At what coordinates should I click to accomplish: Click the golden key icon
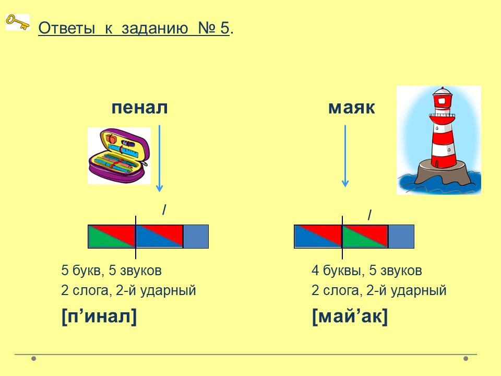(x=18, y=22)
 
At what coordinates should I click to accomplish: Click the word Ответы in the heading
(x=67, y=28)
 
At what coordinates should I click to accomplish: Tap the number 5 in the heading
(x=225, y=28)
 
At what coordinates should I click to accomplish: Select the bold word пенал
(x=140, y=108)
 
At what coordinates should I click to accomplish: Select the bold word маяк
(x=351, y=108)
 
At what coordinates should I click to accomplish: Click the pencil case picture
(x=119, y=156)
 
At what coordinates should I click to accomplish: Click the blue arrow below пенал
(x=160, y=159)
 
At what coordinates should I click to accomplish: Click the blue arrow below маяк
(x=345, y=156)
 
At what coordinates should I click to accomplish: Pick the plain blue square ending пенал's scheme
(x=196, y=236)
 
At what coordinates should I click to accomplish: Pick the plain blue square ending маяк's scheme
(x=401, y=236)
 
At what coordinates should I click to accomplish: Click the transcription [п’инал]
(x=99, y=316)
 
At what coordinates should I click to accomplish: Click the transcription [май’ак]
(x=350, y=316)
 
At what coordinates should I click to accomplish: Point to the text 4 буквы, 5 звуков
(x=367, y=271)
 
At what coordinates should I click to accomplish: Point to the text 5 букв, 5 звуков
(x=112, y=271)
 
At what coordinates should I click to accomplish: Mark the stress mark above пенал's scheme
(x=164, y=210)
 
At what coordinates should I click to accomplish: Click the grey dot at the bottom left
(x=33, y=358)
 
